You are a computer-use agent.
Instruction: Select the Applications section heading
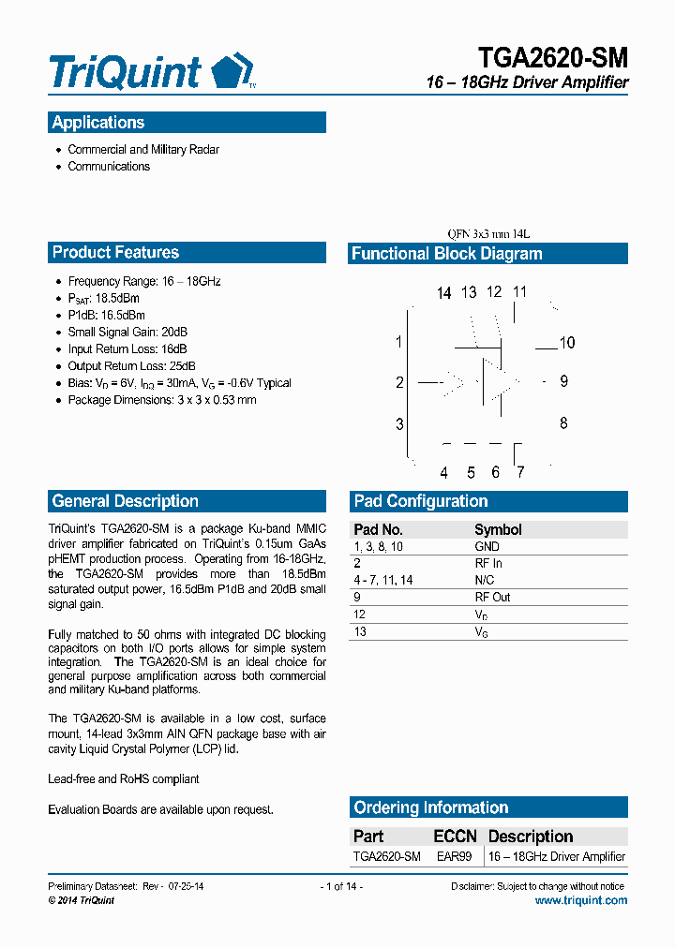point(98,123)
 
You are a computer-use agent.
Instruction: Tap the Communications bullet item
point(109,167)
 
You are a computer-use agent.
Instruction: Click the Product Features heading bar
point(115,252)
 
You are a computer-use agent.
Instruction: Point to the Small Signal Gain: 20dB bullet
point(127,333)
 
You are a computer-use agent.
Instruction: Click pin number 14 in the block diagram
point(443,293)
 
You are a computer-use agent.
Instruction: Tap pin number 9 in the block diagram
point(563,381)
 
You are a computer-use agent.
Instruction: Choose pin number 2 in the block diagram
point(399,382)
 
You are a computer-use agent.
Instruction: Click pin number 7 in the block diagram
point(520,472)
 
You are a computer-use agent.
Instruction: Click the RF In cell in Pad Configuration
point(488,564)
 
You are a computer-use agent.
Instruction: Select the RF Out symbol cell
point(492,598)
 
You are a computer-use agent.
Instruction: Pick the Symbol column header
point(498,530)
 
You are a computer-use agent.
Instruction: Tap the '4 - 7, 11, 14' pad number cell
point(382,581)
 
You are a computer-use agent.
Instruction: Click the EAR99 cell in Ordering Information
point(455,857)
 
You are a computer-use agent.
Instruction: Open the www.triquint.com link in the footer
point(581,900)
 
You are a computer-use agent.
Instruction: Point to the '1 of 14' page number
point(341,886)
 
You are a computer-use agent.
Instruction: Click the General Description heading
point(126,501)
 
